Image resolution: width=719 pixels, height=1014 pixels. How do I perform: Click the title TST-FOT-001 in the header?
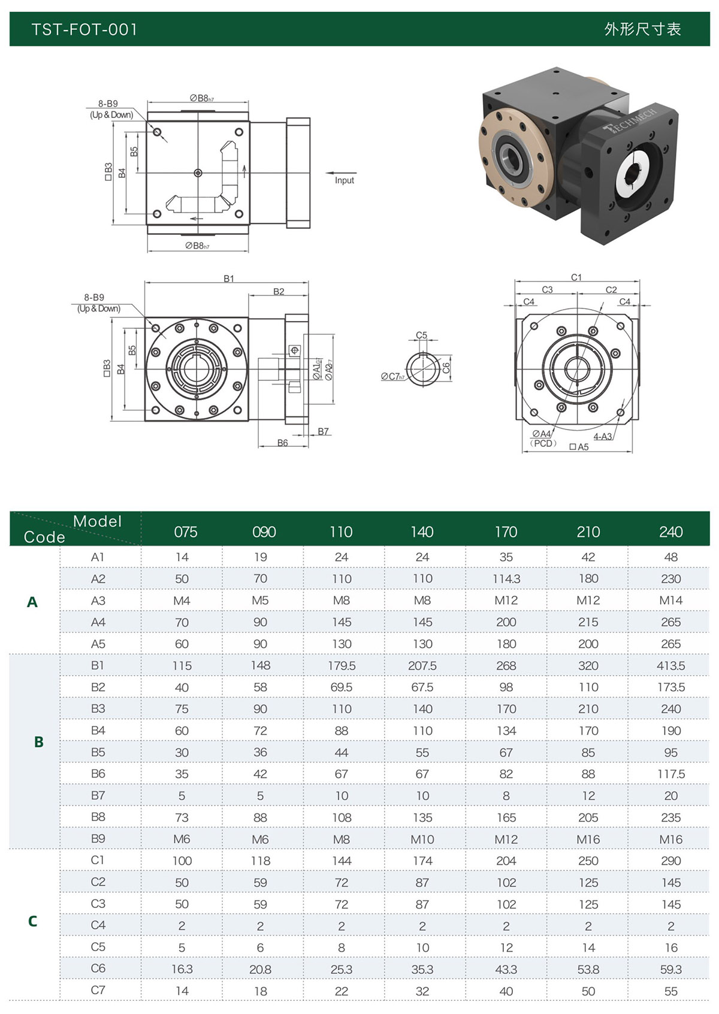tap(84, 29)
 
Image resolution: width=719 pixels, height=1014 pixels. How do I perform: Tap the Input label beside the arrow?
tap(345, 180)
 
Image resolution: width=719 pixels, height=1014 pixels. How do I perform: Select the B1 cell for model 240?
tap(670, 665)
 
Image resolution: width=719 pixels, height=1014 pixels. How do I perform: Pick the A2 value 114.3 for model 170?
tap(506, 579)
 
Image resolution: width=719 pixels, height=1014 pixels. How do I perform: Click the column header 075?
tap(185, 532)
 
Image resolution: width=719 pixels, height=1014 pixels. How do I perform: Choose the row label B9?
tap(98, 839)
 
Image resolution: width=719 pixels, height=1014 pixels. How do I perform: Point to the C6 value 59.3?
tap(670, 969)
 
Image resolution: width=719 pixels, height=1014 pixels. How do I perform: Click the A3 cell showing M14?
tap(670, 600)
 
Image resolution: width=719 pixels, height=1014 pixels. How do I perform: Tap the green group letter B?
tap(38, 742)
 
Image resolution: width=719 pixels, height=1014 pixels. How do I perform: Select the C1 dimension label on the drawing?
tap(576, 277)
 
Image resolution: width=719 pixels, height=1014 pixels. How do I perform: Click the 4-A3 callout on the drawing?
tap(603, 437)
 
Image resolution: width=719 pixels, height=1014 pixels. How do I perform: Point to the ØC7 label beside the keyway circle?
tap(393, 377)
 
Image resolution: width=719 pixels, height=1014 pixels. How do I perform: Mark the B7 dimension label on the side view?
tap(324, 431)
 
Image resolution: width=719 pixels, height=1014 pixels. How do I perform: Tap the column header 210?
tap(588, 532)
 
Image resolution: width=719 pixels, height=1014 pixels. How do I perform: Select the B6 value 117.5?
tap(670, 774)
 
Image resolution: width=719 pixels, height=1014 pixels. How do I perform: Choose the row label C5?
tap(98, 947)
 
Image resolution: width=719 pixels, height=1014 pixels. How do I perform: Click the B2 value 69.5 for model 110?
tap(341, 687)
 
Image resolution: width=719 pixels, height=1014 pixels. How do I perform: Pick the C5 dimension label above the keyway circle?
tap(421, 335)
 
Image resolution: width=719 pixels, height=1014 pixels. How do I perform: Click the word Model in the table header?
tap(97, 521)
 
